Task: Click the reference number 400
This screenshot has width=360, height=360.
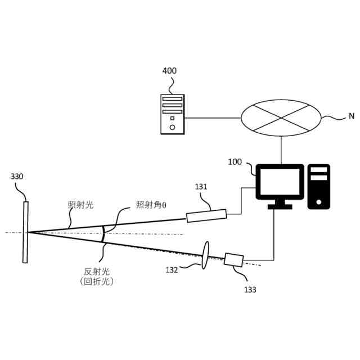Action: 169,71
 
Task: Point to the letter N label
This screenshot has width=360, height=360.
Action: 351,116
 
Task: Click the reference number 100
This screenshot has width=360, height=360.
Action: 235,162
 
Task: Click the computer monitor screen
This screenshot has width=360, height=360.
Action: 280,182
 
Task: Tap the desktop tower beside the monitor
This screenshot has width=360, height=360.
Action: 319,186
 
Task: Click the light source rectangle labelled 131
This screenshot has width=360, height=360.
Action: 206,215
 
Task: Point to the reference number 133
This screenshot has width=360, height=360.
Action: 250,290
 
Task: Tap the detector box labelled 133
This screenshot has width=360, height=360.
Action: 233,260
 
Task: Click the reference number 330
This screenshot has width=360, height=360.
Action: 17,177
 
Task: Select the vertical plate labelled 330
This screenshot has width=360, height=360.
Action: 25,232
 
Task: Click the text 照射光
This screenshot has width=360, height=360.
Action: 80,205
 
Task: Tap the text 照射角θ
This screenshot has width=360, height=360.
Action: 151,205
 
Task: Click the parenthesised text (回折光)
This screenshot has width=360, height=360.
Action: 97,282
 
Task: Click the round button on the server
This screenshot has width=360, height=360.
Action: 172,127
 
